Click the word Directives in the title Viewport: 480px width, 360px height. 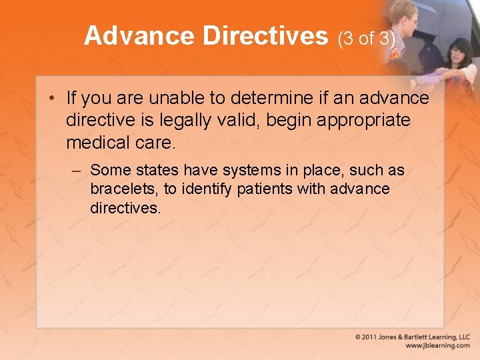[265, 36]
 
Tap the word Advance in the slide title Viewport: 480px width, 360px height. [139, 36]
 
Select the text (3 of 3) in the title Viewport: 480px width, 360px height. [367, 39]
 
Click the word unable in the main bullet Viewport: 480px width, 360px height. [178, 98]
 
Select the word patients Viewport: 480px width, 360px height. [266, 189]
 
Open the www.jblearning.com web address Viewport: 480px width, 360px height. [437, 346]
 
